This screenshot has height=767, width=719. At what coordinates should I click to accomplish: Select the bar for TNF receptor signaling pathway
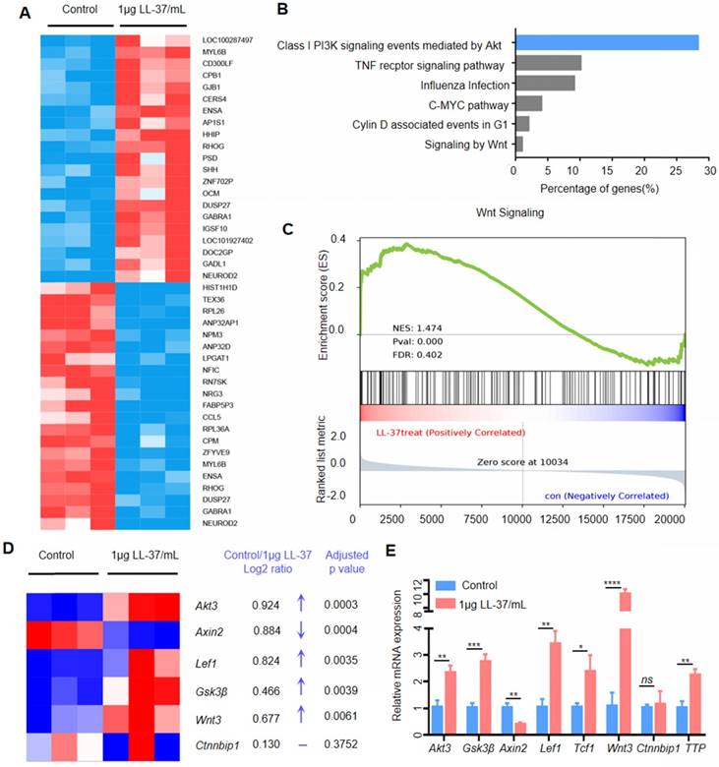548,63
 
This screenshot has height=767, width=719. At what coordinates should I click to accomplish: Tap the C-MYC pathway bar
528,103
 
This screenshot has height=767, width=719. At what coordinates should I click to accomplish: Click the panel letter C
287,229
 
